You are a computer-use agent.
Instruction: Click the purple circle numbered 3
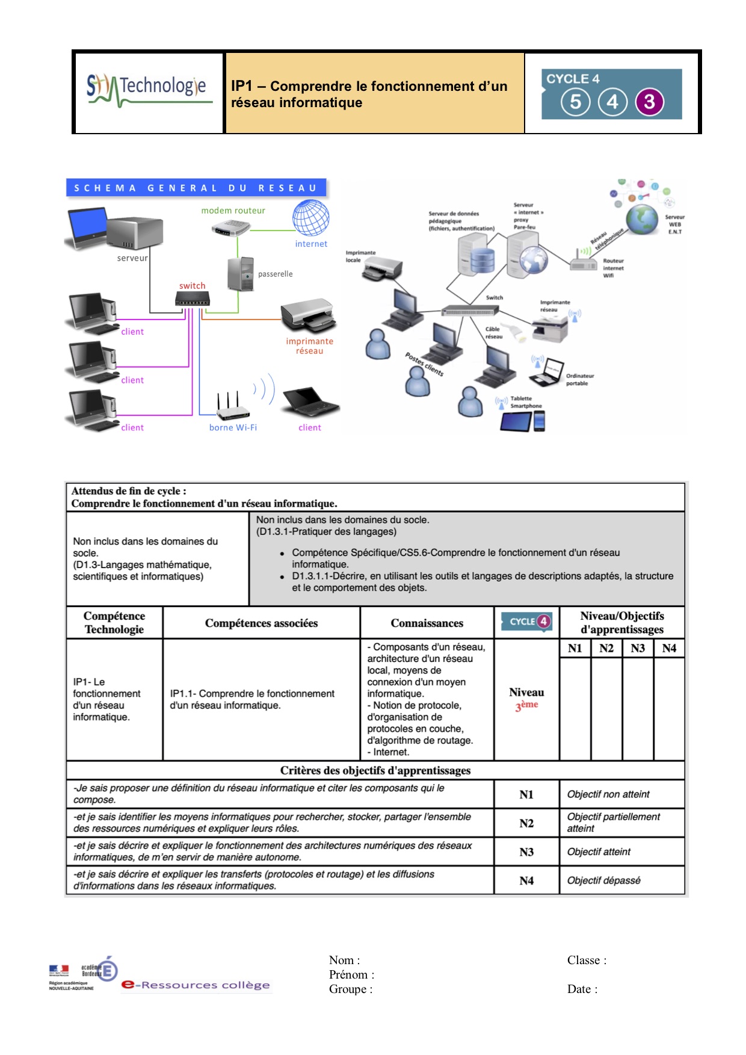coord(649,102)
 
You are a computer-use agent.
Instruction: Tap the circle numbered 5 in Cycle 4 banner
coord(576,102)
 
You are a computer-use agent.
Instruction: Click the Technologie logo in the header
coord(149,90)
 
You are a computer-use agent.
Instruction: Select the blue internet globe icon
coord(311,218)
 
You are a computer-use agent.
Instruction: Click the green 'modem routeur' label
coord(233,211)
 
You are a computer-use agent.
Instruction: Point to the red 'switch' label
coord(192,286)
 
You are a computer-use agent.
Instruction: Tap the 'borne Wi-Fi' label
coord(233,428)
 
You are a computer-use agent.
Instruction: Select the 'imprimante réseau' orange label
coord(309,346)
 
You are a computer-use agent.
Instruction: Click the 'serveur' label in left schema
coord(132,258)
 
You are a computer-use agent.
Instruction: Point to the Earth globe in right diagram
coord(643,219)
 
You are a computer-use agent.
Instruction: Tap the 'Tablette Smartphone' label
coord(526,402)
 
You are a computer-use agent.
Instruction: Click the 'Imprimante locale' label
coord(360,256)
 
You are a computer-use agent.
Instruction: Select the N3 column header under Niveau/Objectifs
coord(638,648)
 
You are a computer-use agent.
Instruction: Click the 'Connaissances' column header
coord(427,623)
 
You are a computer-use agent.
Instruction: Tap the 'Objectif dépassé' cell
coord(603,880)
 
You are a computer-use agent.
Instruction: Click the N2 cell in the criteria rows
coord(526,823)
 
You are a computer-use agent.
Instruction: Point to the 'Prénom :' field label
coord(351,975)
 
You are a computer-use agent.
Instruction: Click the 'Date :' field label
coord(582,989)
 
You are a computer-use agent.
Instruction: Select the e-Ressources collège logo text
coord(196,985)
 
